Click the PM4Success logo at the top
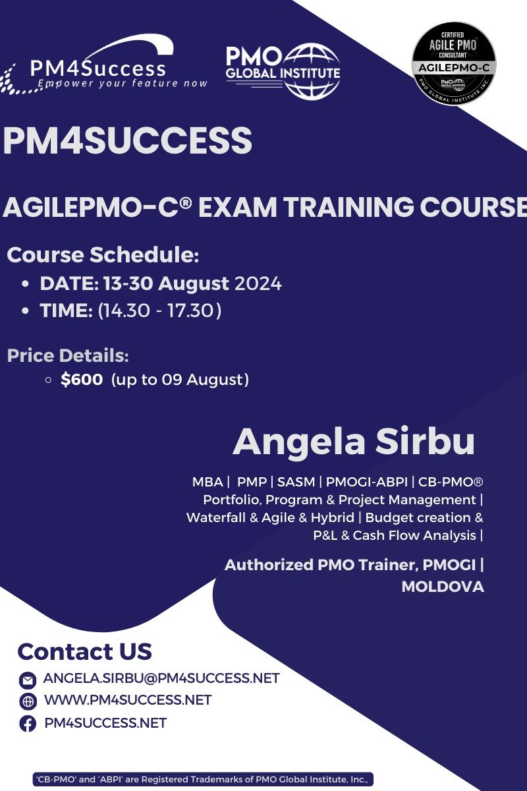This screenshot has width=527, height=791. pos(105,66)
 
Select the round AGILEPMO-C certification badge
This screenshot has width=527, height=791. pos(454,64)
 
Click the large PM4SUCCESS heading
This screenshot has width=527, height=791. pos(127,141)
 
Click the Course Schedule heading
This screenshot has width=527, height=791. pos(103,255)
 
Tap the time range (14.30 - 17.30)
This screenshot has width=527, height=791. pos(159,310)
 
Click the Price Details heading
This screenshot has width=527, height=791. pos(68,356)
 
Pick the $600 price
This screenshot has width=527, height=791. pos(81,380)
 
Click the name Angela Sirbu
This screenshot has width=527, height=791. pos(354,442)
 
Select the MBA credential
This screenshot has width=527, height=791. pos(208,482)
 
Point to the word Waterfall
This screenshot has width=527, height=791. pos(215,517)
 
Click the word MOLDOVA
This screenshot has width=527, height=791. pos(443,587)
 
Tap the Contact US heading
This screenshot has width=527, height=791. pos(85,651)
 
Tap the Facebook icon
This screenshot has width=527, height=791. pos(28,724)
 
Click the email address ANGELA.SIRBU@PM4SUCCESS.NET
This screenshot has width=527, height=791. pos(161,678)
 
